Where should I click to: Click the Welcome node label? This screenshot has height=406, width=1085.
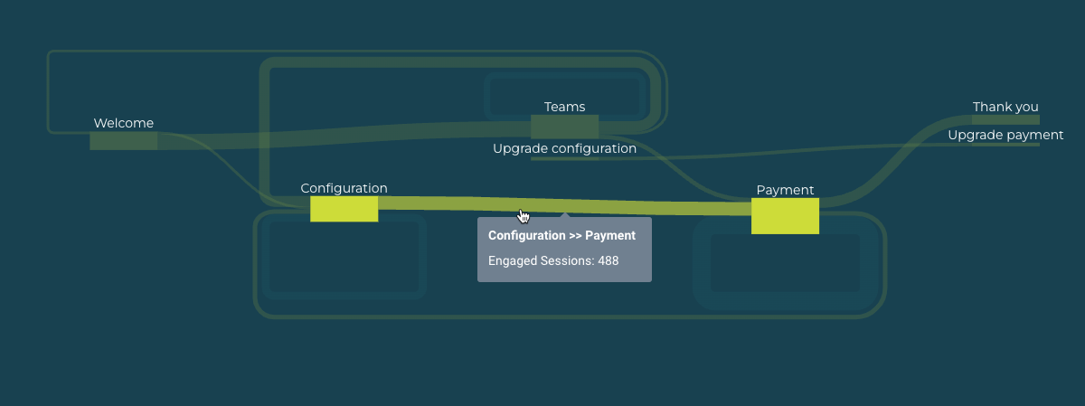tap(124, 123)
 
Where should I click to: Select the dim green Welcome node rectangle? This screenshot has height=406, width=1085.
tap(124, 141)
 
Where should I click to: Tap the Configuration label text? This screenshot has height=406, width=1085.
tap(344, 188)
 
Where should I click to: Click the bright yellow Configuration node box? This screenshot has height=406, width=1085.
tap(344, 209)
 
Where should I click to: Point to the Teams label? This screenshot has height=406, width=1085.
tap(564, 107)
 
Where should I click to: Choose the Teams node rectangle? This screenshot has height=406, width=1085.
tap(564, 127)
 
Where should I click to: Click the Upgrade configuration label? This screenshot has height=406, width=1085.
tap(564, 148)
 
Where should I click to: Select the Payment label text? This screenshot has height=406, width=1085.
tap(785, 190)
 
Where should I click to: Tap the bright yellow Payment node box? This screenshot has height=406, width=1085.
tap(785, 216)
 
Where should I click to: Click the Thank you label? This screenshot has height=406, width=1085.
tap(1005, 107)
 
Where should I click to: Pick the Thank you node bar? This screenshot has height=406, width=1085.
tap(1005, 119)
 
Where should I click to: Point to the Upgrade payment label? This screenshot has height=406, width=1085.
tap(1005, 135)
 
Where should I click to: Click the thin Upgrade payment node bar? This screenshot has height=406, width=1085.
tap(1005, 145)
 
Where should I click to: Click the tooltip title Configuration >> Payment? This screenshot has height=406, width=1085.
tap(561, 235)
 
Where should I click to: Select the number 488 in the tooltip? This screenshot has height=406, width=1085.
tap(609, 260)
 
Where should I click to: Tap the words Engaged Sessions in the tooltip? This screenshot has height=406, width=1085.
tap(541, 261)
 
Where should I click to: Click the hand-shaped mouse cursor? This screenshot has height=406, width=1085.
tap(524, 216)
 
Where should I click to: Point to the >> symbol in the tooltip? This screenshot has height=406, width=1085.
tap(575, 236)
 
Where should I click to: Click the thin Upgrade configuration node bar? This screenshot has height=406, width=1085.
tap(564, 158)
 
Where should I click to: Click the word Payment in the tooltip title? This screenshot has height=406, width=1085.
tap(610, 235)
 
